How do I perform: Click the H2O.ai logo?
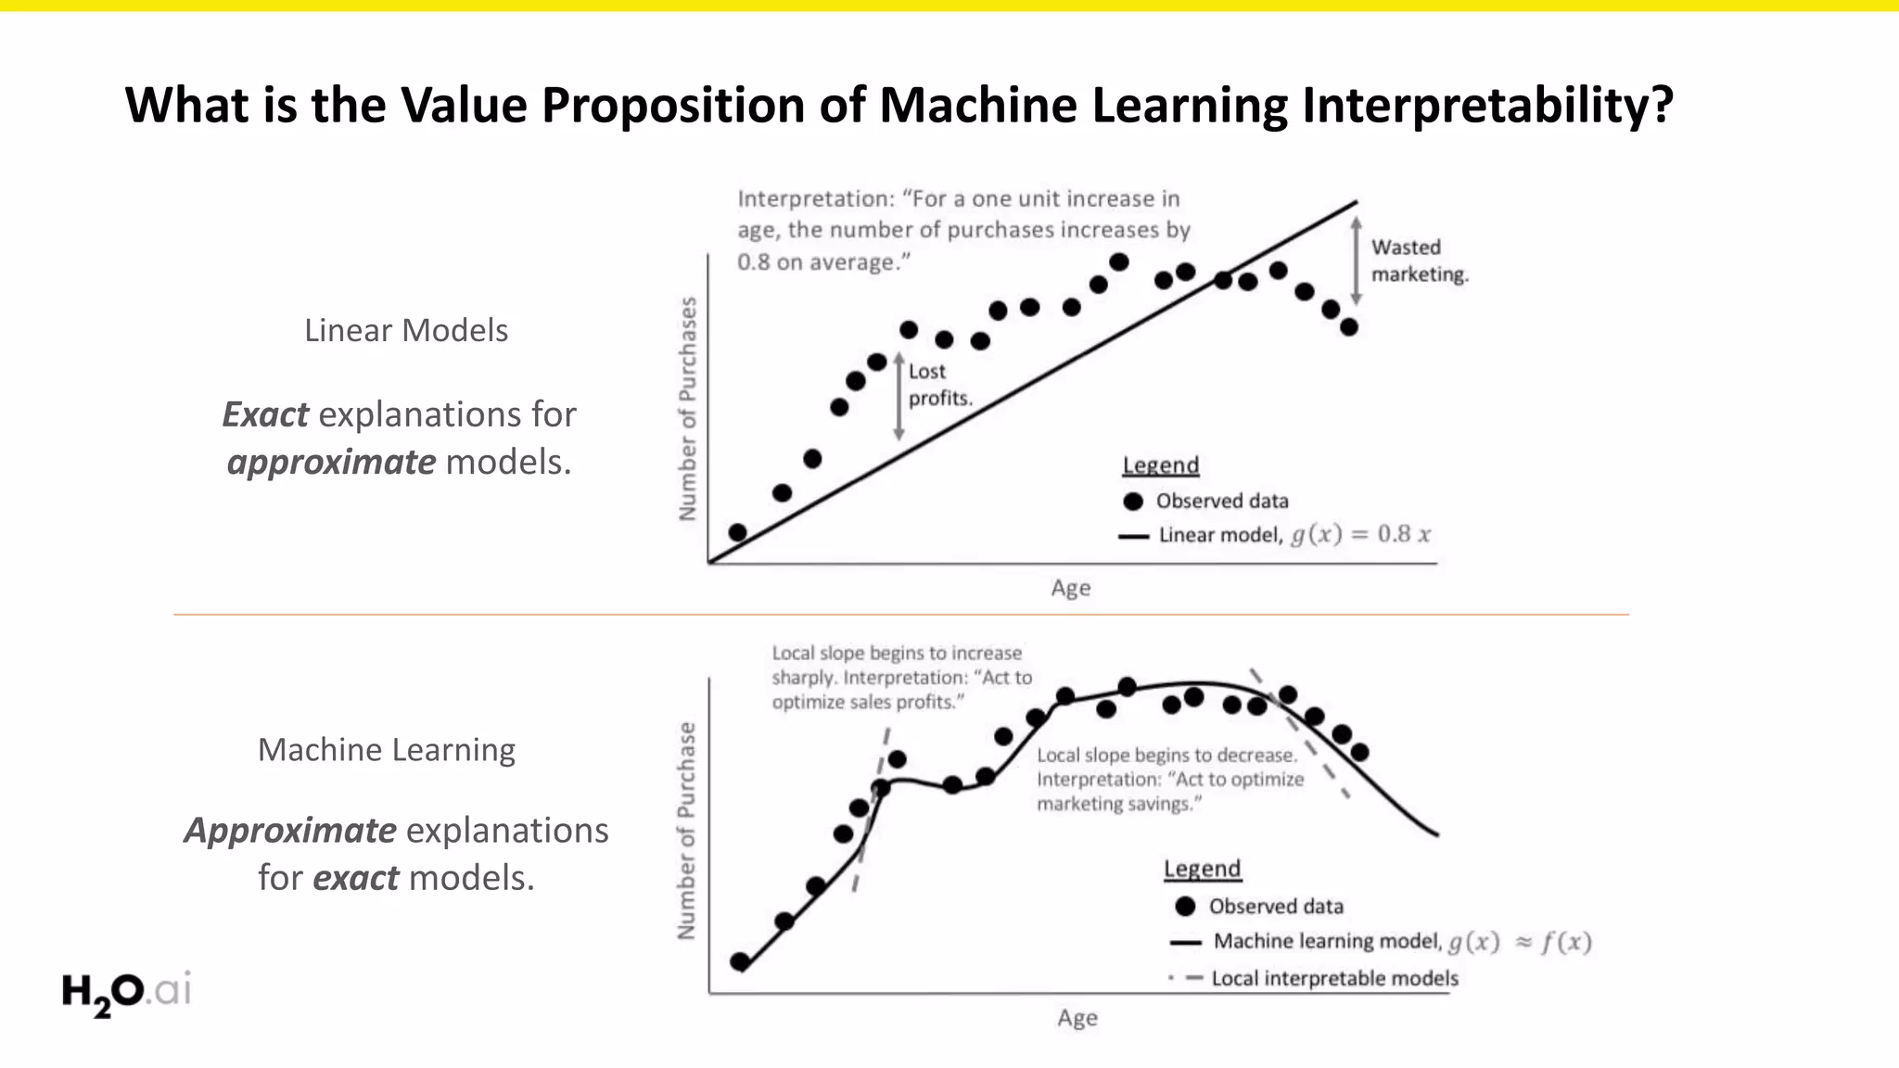pyautogui.click(x=126, y=992)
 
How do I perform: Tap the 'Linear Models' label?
pyautogui.click(x=406, y=330)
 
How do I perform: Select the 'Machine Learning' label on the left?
pyautogui.click(x=387, y=749)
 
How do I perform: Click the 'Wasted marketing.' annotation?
pyautogui.click(x=1419, y=261)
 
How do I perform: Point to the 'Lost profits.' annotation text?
pyautogui.click(x=939, y=385)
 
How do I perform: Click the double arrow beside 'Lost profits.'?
pyautogui.click(x=899, y=397)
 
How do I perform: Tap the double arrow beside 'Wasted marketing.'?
pyautogui.click(x=1356, y=261)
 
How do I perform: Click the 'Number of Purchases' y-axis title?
pyautogui.click(x=687, y=409)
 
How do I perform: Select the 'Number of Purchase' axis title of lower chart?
pyautogui.click(x=686, y=831)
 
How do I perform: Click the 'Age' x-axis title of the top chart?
pyautogui.click(x=1070, y=588)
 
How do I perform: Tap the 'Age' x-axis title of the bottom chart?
pyautogui.click(x=1077, y=1018)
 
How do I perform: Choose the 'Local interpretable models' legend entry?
pyautogui.click(x=1333, y=978)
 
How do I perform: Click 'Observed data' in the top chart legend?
pyautogui.click(x=1221, y=502)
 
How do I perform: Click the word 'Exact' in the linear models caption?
pyautogui.click(x=265, y=414)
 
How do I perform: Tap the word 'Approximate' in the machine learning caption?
pyautogui.click(x=290, y=830)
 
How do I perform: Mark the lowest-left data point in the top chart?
pyautogui.click(x=738, y=532)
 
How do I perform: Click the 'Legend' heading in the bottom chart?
pyautogui.click(x=1202, y=869)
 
